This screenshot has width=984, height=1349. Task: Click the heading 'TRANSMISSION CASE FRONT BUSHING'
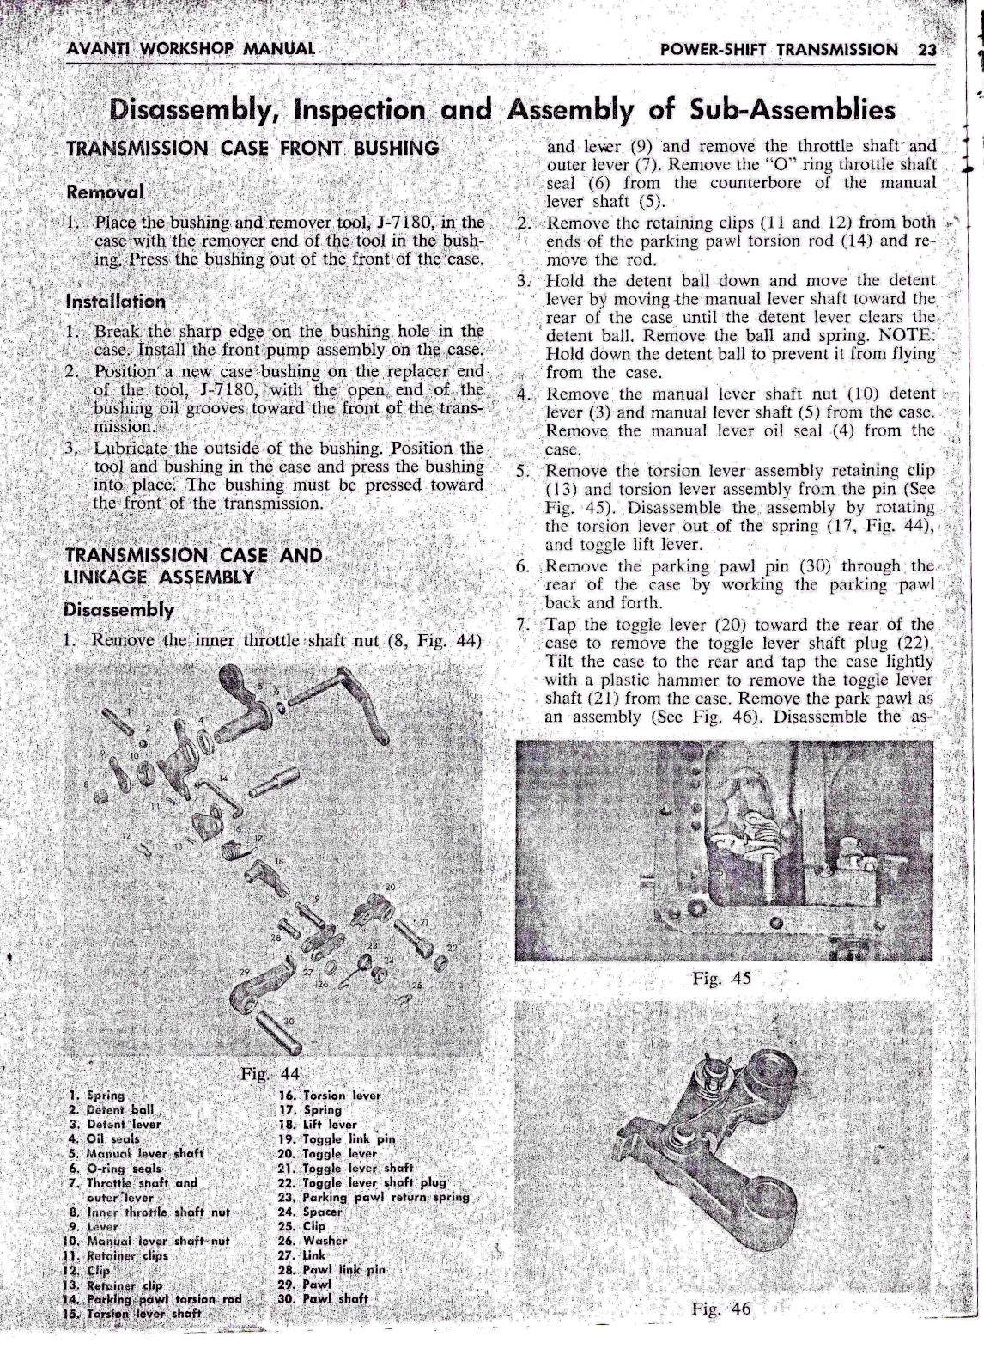[252, 147]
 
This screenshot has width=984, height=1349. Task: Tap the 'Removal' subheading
[105, 191]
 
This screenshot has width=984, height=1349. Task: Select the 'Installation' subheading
[115, 302]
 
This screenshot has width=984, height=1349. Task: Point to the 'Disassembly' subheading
[119, 610]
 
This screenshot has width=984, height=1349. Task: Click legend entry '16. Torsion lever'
[330, 1095]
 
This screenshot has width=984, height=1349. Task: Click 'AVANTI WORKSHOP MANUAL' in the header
[191, 48]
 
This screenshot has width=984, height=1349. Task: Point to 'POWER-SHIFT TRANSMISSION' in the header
[778, 49]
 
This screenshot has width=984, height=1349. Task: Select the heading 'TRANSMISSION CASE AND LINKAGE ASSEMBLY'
[193, 565]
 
